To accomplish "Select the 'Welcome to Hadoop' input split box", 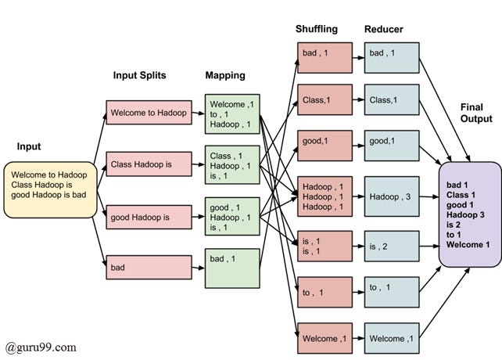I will (x=149, y=113).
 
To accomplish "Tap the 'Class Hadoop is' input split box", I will (x=149, y=164).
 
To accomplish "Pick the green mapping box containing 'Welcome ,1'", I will (x=231, y=114).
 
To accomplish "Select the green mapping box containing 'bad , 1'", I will (x=231, y=267).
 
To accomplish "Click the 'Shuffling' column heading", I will (x=317, y=29).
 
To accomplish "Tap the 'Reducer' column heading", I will (x=383, y=29).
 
